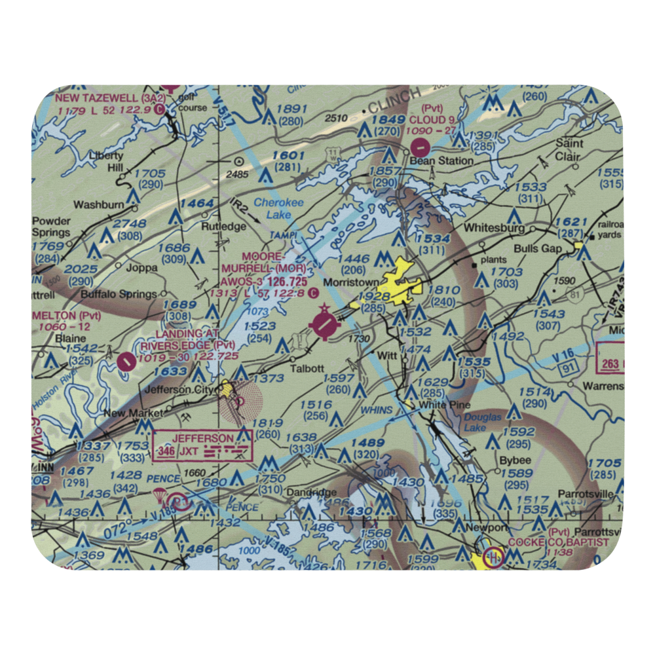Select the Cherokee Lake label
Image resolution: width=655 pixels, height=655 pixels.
278,209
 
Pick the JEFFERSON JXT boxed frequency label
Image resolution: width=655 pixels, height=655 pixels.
202,445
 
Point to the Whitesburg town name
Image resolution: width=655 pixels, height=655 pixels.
494,228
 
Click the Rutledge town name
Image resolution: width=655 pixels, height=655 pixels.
223,227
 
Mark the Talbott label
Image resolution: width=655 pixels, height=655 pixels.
307,368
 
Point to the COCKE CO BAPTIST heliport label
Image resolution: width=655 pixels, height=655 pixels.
557,542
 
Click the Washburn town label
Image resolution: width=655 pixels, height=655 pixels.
98,204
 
